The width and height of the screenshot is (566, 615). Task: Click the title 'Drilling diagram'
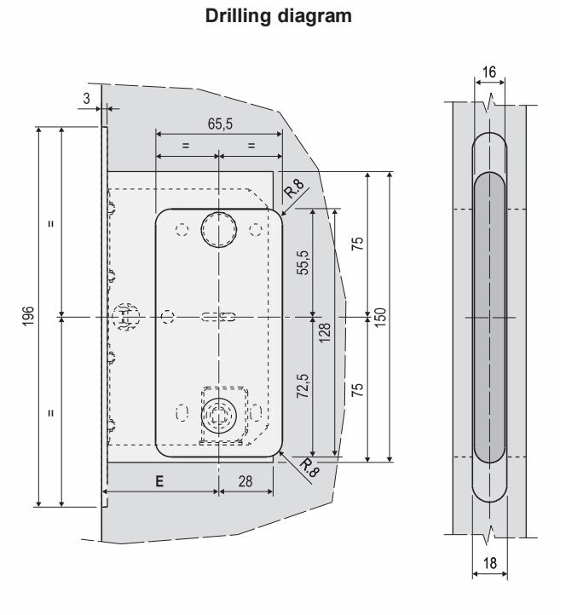click(279, 16)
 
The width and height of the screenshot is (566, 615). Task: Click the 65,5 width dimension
click(219, 124)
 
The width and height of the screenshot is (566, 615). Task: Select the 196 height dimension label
click(27, 316)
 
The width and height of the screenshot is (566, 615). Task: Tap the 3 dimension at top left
click(86, 100)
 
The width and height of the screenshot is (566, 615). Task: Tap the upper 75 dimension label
click(357, 242)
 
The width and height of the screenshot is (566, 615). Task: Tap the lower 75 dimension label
click(357, 390)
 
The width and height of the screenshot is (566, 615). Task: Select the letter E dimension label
click(159, 481)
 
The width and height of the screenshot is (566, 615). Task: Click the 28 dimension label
click(245, 481)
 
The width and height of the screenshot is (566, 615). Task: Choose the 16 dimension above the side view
click(488, 73)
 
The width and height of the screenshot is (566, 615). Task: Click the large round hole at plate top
click(219, 228)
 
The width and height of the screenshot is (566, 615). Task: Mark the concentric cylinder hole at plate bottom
click(219, 416)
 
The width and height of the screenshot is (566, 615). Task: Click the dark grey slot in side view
click(488, 315)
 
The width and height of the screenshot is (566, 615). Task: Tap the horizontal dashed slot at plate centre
click(218, 317)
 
